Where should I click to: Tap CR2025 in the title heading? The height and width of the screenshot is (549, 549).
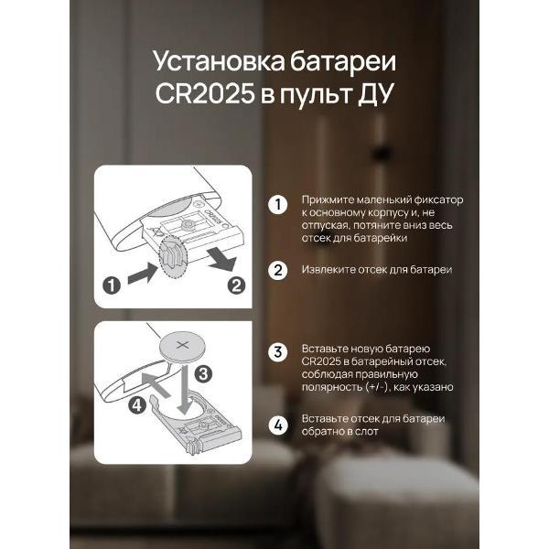[204, 93]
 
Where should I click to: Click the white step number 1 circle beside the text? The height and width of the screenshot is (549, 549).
[278, 205]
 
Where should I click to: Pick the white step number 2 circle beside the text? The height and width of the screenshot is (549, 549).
[278, 270]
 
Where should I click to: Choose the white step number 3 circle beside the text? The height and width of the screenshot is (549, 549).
[278, 352]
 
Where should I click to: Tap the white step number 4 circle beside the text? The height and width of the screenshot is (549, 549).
[278, 425]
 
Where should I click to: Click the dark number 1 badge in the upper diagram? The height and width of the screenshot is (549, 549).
[112, 285]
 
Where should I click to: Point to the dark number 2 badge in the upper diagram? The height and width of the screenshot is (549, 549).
[236, 285]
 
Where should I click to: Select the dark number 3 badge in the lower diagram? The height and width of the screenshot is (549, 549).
[203, 374]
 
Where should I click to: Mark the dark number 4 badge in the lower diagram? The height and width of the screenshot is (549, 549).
[136, 405]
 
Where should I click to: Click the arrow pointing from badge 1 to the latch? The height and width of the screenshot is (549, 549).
[143, 274]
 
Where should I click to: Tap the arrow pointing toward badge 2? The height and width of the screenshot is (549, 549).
[221, 260]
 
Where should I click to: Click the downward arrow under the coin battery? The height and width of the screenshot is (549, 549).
[184, 388]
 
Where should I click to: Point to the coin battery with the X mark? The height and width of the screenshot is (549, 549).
[182, 346]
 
